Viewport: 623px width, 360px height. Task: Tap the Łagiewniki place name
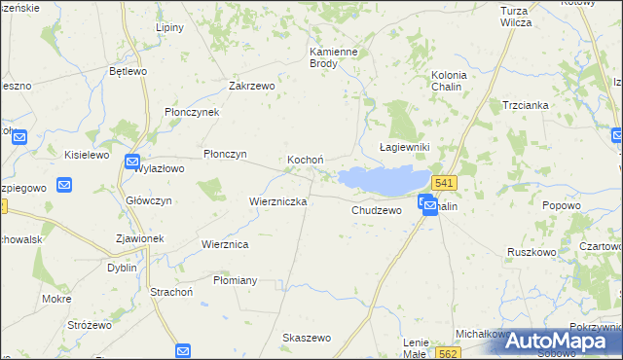pos(404,146)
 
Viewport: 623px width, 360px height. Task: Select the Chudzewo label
pos(377,210)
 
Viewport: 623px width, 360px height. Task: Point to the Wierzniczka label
pos(278,201)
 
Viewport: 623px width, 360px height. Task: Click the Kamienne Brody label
pos(335,57)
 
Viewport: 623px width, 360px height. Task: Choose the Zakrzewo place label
pos(252,86)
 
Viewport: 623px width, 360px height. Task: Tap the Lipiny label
pos(169,27)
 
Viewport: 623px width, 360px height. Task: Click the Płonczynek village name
pos(192,112)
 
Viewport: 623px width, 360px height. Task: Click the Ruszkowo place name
pos(531,251)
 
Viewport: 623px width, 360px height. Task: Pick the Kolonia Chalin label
pos(449,80)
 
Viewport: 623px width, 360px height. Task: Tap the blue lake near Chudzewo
pos(385,179)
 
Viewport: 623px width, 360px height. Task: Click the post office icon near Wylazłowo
pos(132,162)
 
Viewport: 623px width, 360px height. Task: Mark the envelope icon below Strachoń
pos(182,351)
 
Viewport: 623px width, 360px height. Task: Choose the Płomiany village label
pos(235,280)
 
